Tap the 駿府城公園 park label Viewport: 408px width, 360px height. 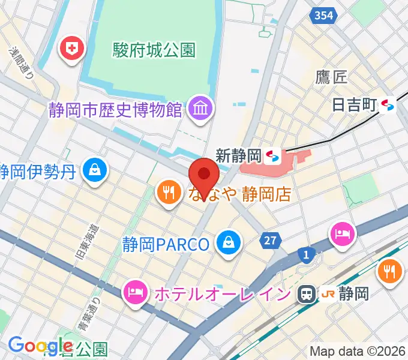[154, 50]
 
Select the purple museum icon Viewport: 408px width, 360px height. [197, 109]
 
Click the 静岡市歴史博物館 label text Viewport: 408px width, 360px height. [116, 110]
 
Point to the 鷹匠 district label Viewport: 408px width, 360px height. [331, 76]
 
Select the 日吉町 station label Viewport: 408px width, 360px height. [353, 105]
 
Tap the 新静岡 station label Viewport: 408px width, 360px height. [238, 156]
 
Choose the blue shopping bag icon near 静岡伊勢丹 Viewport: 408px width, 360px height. [94, 170]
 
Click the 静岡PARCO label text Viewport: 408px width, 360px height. [166, 244]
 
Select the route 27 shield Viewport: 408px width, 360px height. [271, 241]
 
